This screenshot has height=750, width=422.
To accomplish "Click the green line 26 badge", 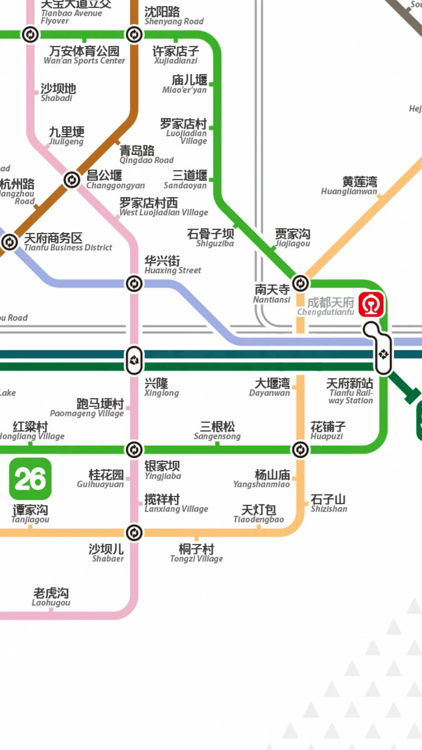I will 30,479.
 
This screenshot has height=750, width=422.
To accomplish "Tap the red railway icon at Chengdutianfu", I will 371,304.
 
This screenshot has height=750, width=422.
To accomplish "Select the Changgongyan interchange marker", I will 72,180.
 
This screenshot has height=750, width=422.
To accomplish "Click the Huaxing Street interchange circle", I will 134,284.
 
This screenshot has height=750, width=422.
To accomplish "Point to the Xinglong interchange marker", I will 134,360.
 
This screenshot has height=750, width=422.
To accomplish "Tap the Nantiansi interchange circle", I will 300,284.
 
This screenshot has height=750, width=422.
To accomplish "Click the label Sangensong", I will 217,431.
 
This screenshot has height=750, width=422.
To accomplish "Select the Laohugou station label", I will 51,597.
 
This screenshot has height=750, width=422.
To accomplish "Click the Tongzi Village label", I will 196,554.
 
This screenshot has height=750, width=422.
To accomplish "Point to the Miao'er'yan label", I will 185,84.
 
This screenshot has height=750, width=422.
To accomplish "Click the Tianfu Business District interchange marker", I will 10,242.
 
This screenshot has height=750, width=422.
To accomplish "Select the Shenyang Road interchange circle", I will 134,35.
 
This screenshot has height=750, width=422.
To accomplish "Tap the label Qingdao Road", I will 146,155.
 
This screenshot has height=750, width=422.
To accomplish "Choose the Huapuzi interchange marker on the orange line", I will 300,450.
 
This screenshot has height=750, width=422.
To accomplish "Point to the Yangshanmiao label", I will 262,479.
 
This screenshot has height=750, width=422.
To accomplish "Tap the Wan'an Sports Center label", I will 84,55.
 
